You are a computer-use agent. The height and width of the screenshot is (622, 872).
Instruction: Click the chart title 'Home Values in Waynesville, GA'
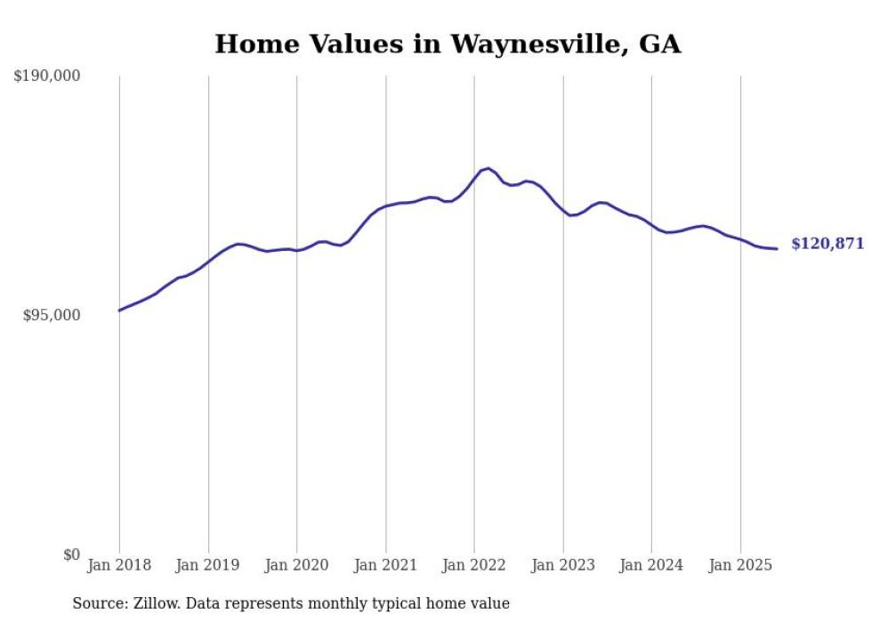pyautogui.click(x=448, y=44)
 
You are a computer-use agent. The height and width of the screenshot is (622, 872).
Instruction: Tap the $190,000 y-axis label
pyautogui.click(x=47, y=77)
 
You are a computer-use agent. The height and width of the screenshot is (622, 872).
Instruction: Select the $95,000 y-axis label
pyautogui.click(x=51, y=315)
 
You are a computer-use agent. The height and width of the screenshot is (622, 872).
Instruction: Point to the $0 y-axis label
pyautogui.click(x=71, y=555)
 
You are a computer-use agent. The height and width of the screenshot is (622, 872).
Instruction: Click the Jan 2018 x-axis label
pyautogui.click(x=119, y=565)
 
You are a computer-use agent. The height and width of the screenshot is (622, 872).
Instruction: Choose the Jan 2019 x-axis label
pyautogui.click(x=208, y=565)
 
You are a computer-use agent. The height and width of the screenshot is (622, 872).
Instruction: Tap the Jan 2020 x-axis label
pyautogui.click(x=297, y=565)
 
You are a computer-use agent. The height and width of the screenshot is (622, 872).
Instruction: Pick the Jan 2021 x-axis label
pyautogui.click(x=385, y=565)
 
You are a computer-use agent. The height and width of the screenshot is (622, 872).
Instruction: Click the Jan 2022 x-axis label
pyautogui.click(x=474, y=565)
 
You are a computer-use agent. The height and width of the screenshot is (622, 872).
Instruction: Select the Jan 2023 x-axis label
pyautogui.click(x=563, y=565)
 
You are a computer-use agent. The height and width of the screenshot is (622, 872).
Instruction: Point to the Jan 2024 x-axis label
pyautogui.click(x=651, y=565)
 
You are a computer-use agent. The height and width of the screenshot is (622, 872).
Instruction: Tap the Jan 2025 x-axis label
pyautogui.click(x=740, y=565)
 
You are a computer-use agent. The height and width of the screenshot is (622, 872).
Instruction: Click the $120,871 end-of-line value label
pyautogui.click(x=827, y=244)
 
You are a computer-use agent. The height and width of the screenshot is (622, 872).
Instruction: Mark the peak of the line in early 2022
pyautogui.click(x=488, y=168)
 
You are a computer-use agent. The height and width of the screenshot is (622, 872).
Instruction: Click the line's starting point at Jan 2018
pyautogui.click(x=119, y=311)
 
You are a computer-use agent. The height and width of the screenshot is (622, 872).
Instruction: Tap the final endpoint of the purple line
pyautogui.click(x=777, y=248)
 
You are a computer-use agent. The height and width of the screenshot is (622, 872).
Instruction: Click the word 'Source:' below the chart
pyautogui.click(x=98, y=604)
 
